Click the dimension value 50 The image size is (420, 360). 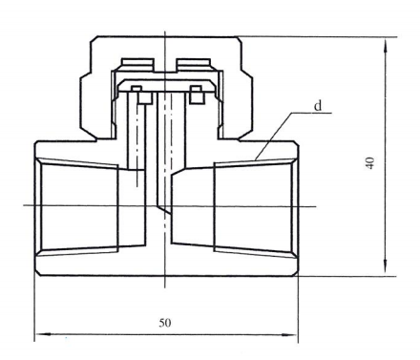click(x=165, y=323)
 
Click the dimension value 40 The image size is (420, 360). click(x=370, y=163)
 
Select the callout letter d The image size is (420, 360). click(x=318, y=106)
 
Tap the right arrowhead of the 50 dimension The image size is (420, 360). click(x=290, y=334)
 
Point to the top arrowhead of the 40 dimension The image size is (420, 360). click(x=386, y=46)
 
